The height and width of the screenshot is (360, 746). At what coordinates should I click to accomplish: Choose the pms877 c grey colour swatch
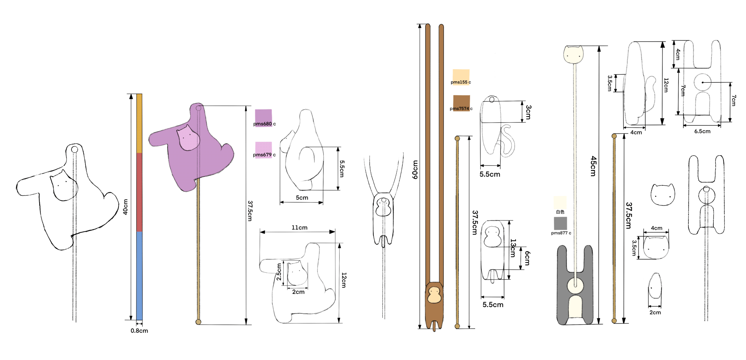click(x=560, y=223)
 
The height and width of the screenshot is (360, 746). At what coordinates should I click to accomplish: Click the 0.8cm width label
click(x=139, y=331)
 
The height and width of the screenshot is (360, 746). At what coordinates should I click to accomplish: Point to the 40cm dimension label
click(x=125, y=207)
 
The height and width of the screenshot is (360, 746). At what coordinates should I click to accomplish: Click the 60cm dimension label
click(x=415, y=170)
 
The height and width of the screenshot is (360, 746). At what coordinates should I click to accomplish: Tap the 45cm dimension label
click(x=593, y=166)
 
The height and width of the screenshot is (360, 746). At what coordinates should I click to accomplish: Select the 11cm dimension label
click(x=300, y=228)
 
